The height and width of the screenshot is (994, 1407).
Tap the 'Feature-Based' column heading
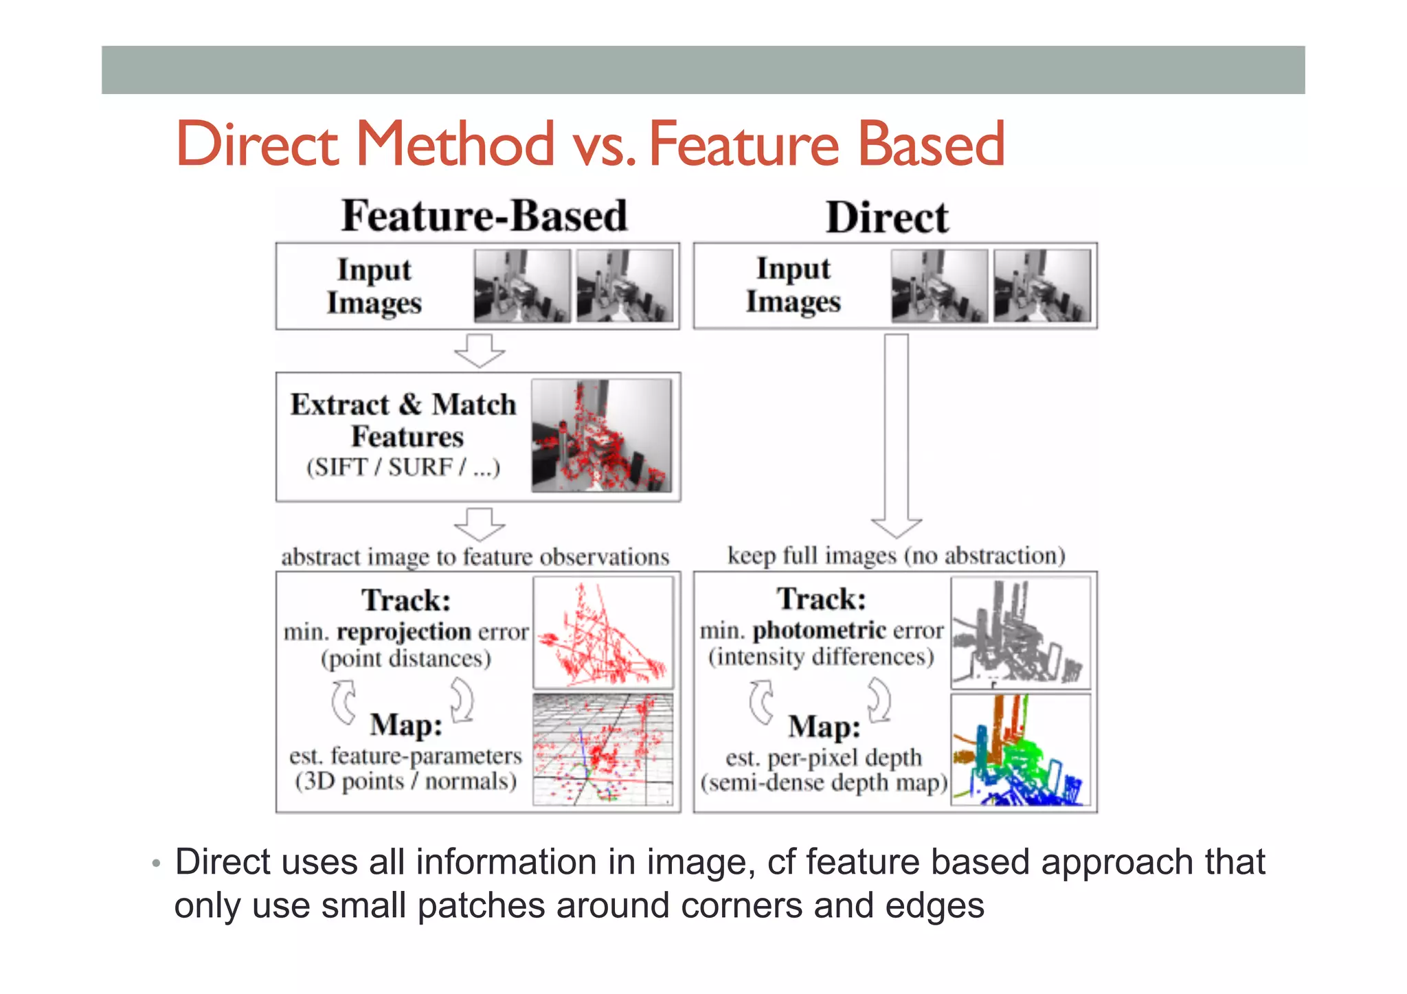484,216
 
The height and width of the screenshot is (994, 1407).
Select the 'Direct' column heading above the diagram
887,218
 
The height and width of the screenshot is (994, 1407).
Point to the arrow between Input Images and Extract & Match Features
480,350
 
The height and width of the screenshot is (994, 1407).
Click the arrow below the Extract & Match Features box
480,524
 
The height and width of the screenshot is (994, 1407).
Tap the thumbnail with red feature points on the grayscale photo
602,436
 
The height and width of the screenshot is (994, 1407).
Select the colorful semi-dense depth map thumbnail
1020,750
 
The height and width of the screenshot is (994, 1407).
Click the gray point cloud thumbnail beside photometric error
1020,633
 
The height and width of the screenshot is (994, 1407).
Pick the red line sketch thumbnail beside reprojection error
603,633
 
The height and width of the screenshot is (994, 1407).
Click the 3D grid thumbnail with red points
603,749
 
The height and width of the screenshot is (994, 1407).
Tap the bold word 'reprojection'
404,632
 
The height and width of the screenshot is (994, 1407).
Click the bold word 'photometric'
820,630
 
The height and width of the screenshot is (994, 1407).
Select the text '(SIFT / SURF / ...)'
403,467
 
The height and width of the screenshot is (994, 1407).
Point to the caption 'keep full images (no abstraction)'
897,555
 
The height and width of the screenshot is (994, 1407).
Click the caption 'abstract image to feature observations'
475,556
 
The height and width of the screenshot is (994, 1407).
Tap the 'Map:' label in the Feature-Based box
406,725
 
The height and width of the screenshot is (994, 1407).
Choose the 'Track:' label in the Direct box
822,599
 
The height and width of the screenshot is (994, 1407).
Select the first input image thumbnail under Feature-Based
522,286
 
